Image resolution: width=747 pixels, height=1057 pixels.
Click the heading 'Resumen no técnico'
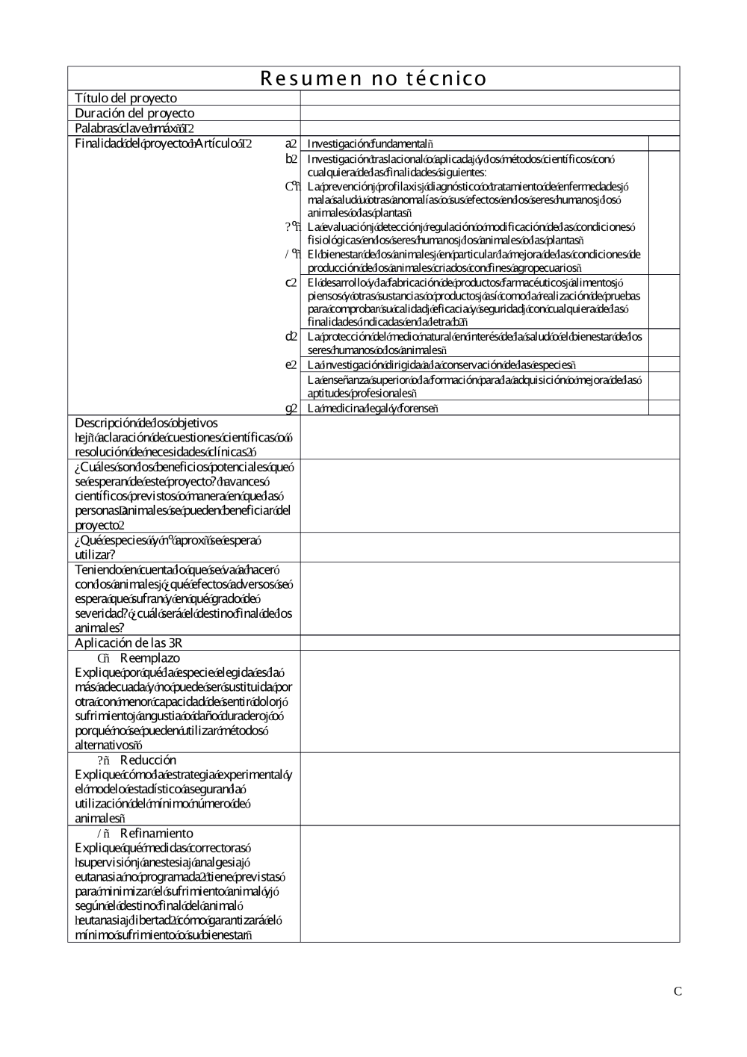click(x=373, y=78)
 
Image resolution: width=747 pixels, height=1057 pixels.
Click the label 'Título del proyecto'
click(x=125, y=99)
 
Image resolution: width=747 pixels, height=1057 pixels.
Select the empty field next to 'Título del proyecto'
click(x=489, y=99)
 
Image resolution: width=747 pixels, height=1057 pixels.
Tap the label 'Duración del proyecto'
click(x=134, y=114)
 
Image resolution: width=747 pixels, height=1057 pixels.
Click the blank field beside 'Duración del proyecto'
click(x=489, y=114)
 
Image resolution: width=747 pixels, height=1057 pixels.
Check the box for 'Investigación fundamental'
click(x=664, y=143)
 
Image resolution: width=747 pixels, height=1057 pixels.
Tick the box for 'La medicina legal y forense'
click(x=664, y=408)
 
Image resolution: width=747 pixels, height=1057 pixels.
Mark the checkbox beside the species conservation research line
click(x=664, y=365)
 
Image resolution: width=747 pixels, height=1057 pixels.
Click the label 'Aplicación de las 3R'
click(x=128, y=643)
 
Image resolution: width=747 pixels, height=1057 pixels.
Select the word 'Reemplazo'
click(x=150, y=658)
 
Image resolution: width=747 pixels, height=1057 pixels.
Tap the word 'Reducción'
click(x=148, y=760)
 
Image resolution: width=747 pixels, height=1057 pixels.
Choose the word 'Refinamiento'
click(x=156, y=834)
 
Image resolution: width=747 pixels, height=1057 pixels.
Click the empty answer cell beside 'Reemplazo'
click(x=489, y=701)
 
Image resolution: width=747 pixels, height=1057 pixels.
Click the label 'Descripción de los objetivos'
click(x=146, y=424)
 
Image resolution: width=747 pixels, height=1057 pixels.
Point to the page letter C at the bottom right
click(x=678, y=992)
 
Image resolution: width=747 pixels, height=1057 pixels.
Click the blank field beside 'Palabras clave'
click(x=489, y=128)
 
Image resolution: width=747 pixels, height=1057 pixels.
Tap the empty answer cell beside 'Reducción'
click(x=489, y=789)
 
